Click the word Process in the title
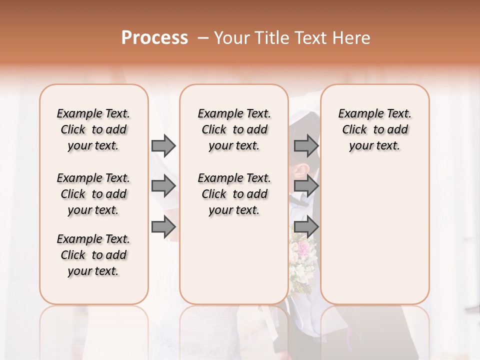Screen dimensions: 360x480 coord(154,38)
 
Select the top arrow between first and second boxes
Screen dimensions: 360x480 coord(163,146)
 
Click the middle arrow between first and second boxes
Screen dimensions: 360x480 coord(163,186)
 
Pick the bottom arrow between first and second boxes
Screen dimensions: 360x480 coord(163,227)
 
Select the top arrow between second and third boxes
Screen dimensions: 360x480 coord(306,146)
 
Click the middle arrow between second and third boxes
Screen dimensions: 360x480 coord(306,186)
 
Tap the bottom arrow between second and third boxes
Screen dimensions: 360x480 coord(306,227)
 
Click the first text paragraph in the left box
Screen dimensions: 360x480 coord(93,129)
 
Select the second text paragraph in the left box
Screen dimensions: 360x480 coord(93,194)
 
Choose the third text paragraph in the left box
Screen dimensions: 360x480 coord(93,255)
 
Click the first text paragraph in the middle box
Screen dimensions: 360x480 coord(234,129)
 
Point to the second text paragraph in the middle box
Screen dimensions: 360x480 coord(234,194)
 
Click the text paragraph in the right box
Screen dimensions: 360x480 coord(375,129)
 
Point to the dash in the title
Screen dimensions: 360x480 coord(203,38)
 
